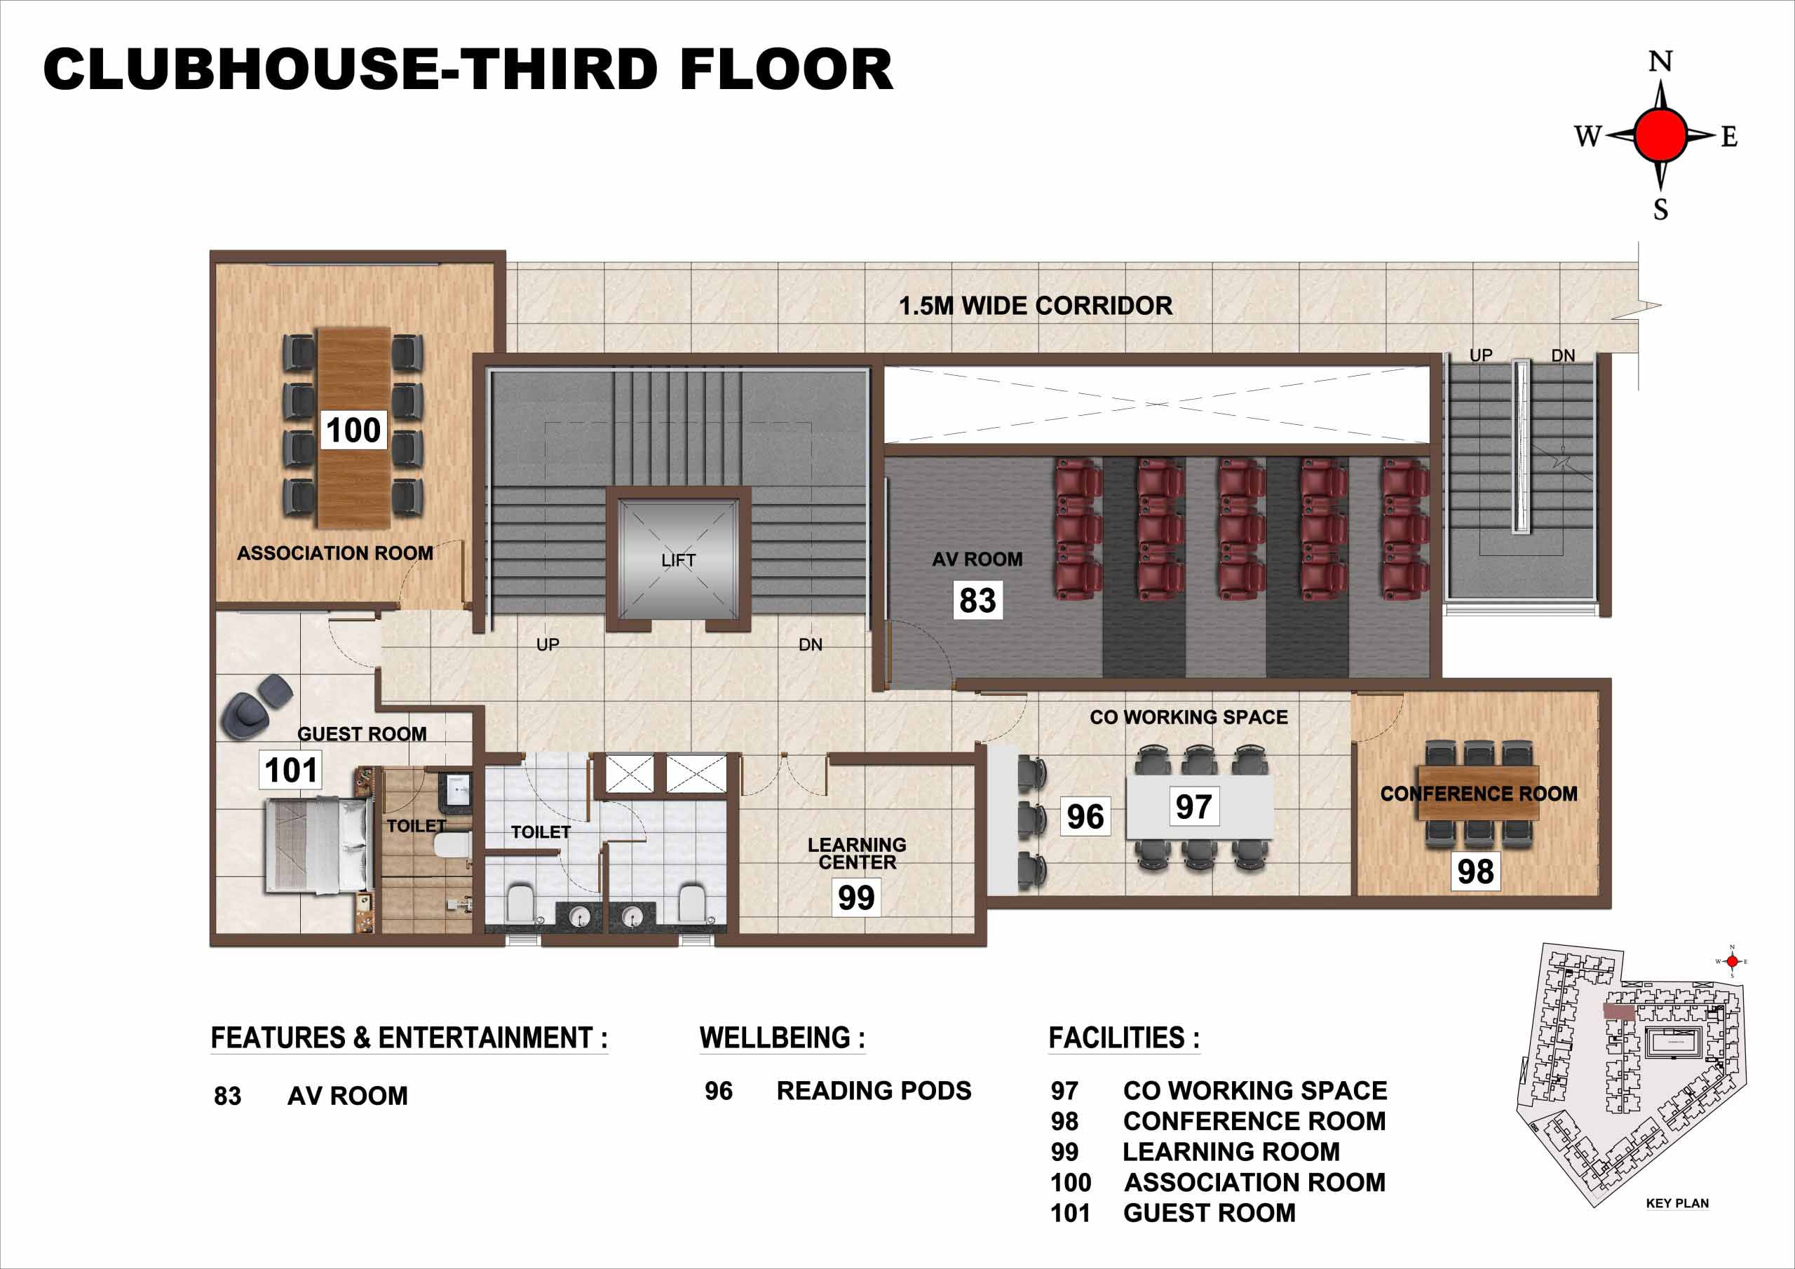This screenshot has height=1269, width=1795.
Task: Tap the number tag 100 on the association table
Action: pos(353,430)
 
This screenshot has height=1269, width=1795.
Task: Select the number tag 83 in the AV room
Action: pos(977,600)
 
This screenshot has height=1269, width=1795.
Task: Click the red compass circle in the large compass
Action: pos(1660,135)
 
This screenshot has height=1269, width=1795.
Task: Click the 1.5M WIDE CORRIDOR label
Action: pos(1035,306)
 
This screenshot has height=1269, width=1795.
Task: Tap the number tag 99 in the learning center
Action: pos(856,897)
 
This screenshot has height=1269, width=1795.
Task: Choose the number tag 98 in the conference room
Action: pos(1475,871)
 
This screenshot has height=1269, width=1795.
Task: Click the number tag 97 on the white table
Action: pos(1193,806)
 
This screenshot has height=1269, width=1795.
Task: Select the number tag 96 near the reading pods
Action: pos(1085,816)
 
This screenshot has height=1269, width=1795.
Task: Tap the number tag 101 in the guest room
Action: pos(291,770)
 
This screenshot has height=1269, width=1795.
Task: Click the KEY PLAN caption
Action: pos(1677,1203)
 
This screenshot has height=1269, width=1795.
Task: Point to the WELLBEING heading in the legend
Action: pos(783,1038)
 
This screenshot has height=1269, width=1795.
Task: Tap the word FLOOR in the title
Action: pos(786,69)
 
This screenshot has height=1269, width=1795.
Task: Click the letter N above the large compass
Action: pos(1660,62)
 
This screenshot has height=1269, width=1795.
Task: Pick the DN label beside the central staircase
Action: pos(810,644)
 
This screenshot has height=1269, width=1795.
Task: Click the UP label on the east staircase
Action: pos(1481,355)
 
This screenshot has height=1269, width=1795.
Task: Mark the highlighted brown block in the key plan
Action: pos(1618,1011)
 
